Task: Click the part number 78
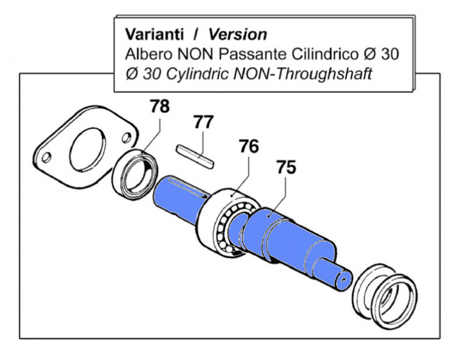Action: coord(160,107)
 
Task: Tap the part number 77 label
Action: coord(203,123)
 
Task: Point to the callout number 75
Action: coord(286,167)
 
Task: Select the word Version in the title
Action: coord(238,34)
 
